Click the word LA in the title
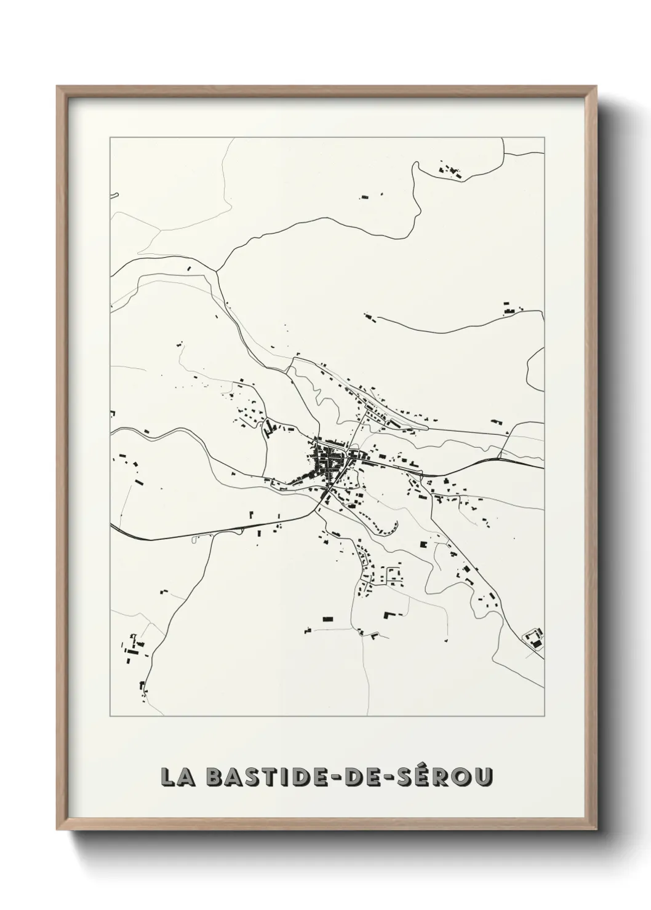tap(177, 777)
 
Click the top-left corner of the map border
tap(110, 138)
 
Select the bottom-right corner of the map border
tap(544, 716)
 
